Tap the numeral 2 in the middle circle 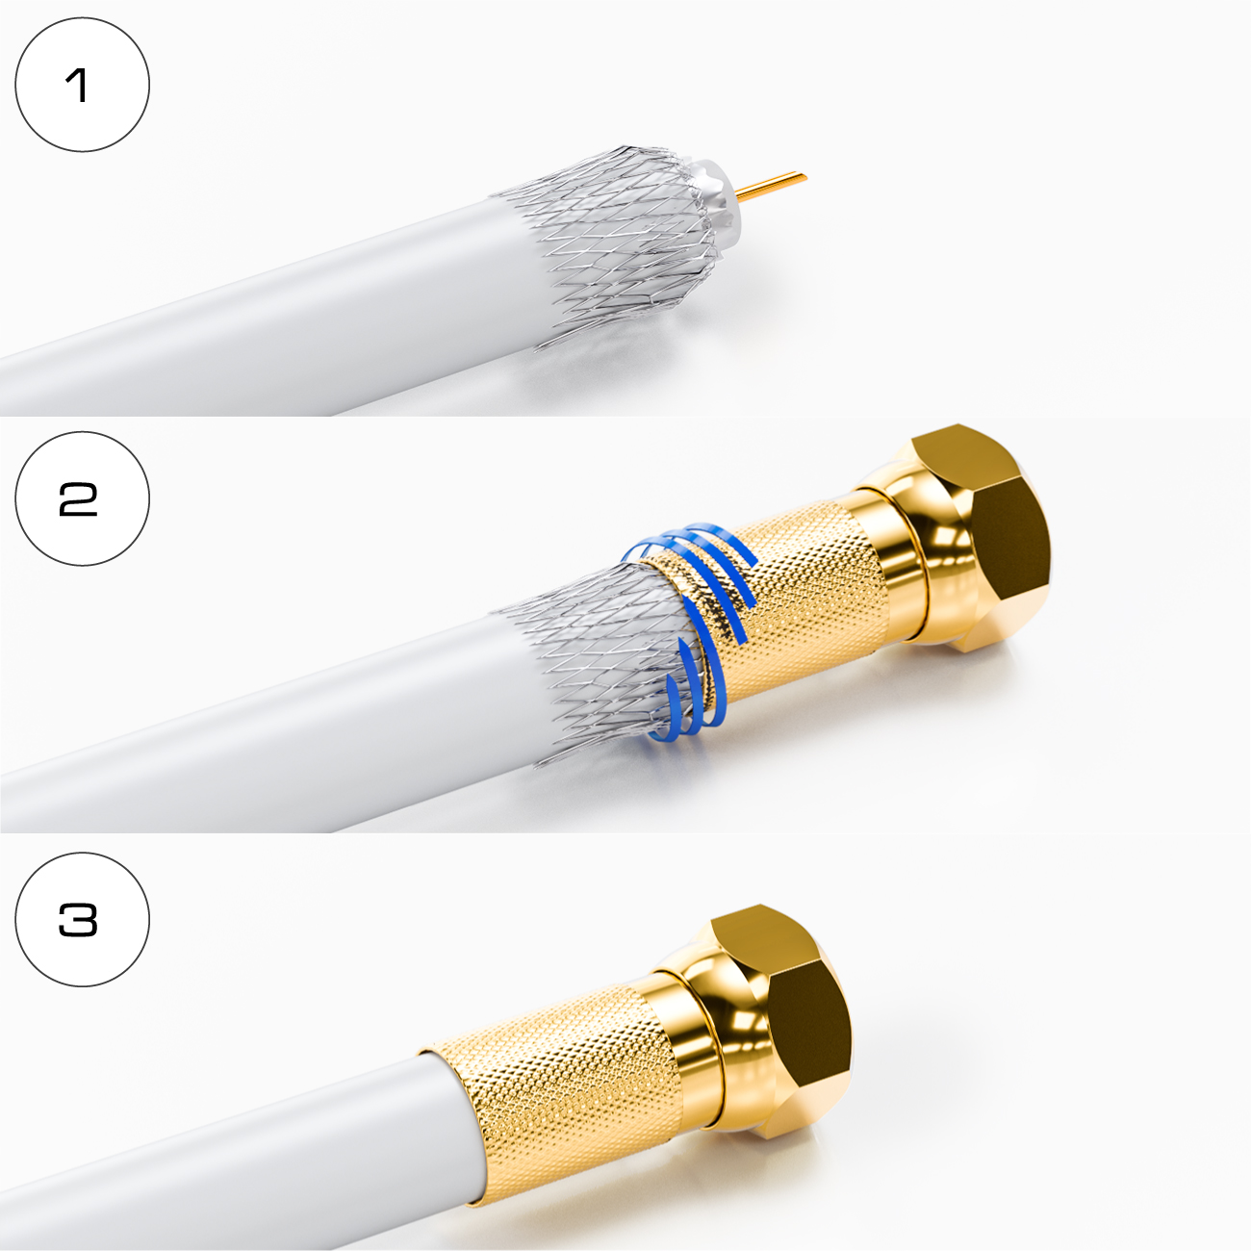(79, 499)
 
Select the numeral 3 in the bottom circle (79, 919)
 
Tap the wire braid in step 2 (598, 662)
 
